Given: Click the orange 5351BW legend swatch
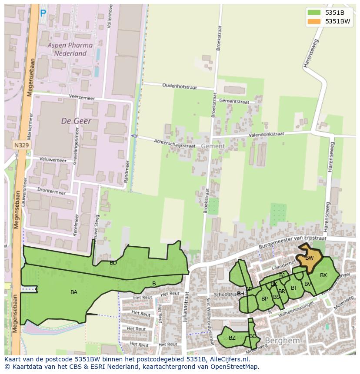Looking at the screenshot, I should pos(313,21).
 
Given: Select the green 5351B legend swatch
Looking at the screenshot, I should pos(313,12).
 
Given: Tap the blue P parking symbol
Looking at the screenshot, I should pos(43,14).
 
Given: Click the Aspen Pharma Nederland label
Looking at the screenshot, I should pos(70,49).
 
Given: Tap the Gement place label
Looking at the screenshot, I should pos(213,146).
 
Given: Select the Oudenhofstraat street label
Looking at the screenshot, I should pos(179,86).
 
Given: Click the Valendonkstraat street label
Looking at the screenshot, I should pos(266,135).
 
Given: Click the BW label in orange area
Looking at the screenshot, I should pos(310,258).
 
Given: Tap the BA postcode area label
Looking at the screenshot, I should pos(74,292).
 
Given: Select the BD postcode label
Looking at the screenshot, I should pos(113,263).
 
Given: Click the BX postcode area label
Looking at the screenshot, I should pos(323,275).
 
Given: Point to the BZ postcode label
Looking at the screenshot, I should pos(232,338).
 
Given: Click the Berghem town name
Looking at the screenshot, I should pos(282,341).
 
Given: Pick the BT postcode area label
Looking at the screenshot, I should pos(294,288).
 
